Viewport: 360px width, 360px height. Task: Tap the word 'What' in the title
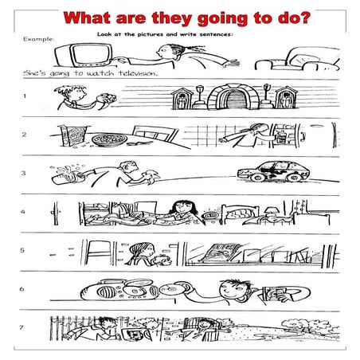point(91,18)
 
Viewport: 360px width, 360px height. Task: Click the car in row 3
point(275,173)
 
